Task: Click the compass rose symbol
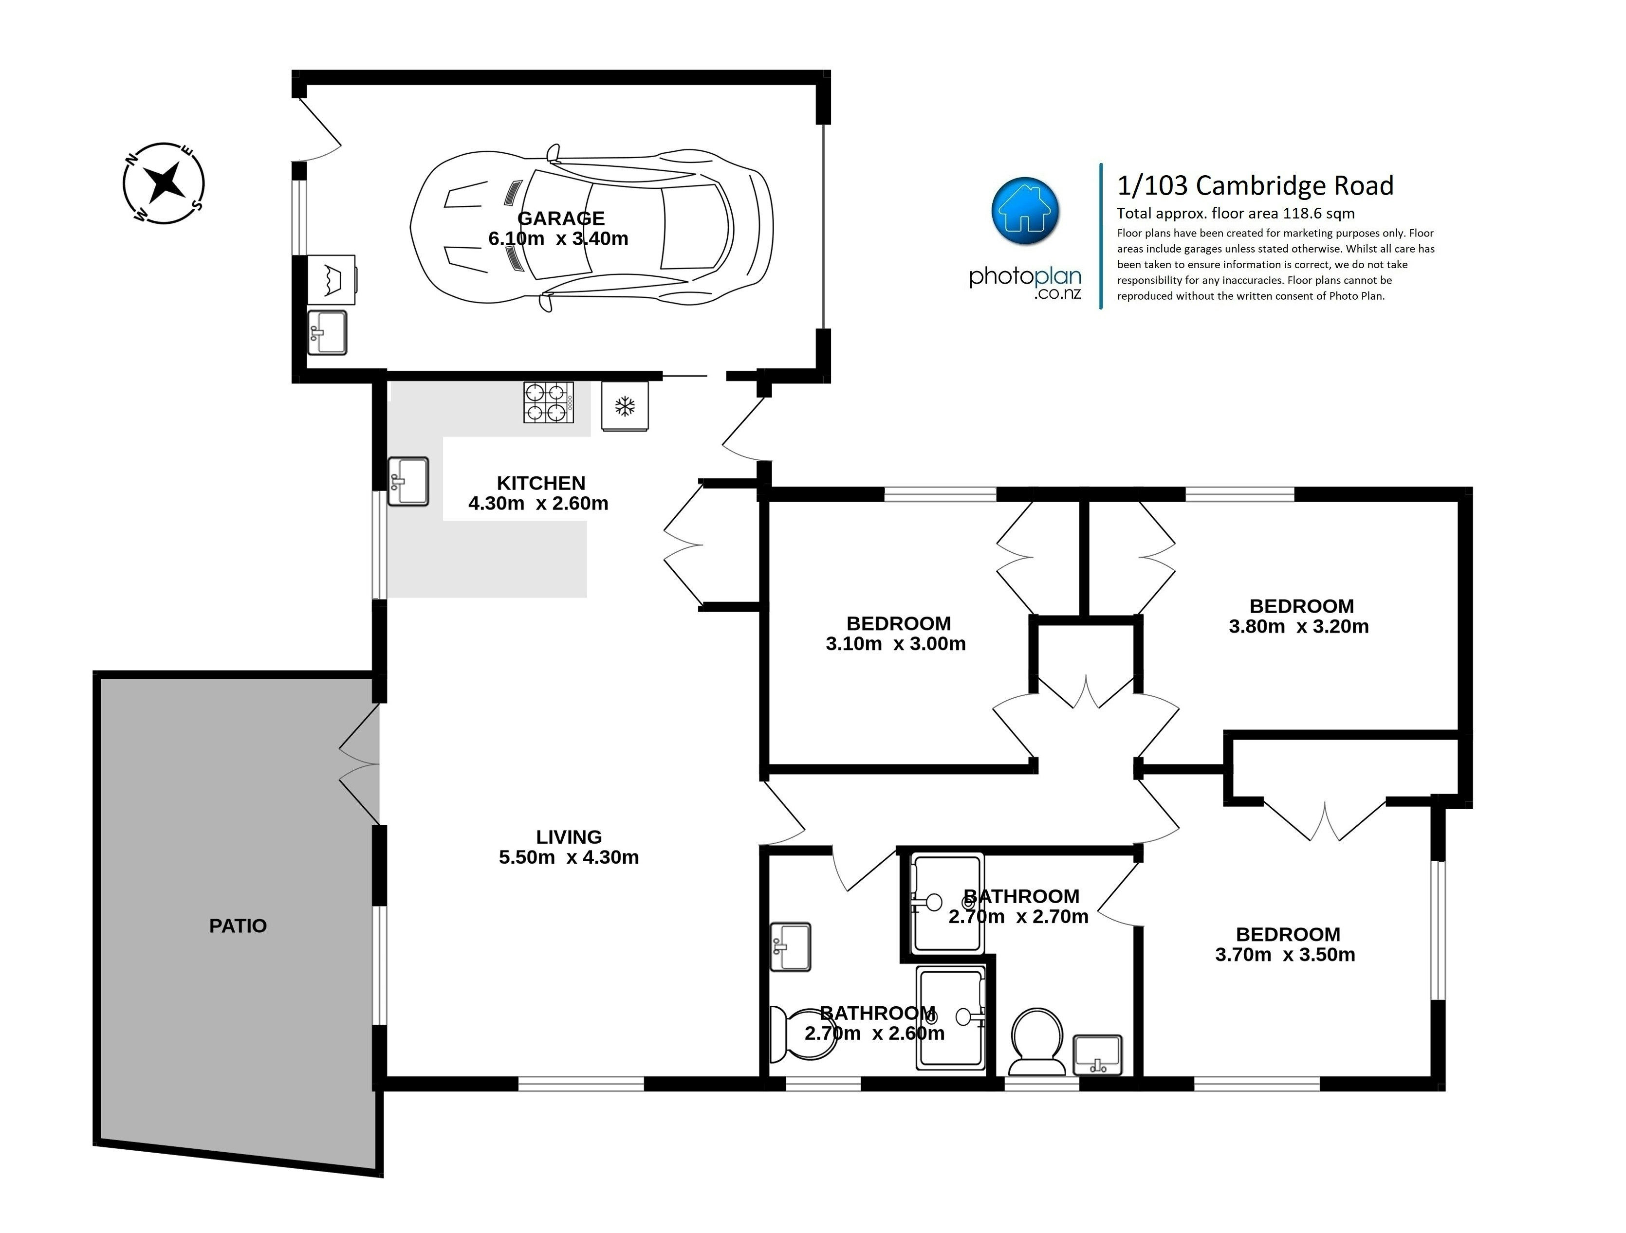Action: [163, 183]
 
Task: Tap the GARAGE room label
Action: [561, 218]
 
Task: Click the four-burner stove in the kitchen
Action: [548, 403]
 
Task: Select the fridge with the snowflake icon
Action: [624, 406]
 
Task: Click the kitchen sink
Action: [408, 481]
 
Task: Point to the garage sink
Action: [326, 333]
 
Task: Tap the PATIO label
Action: [238, 926]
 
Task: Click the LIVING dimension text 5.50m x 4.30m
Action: [568, 857]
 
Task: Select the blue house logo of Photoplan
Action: [1025, 210]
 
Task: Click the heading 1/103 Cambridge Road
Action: [1255, 186]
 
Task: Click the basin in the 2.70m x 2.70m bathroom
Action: [1097, 1054]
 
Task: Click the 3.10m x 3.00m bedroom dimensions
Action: [895, 644]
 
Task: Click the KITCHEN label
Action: [541, 483]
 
